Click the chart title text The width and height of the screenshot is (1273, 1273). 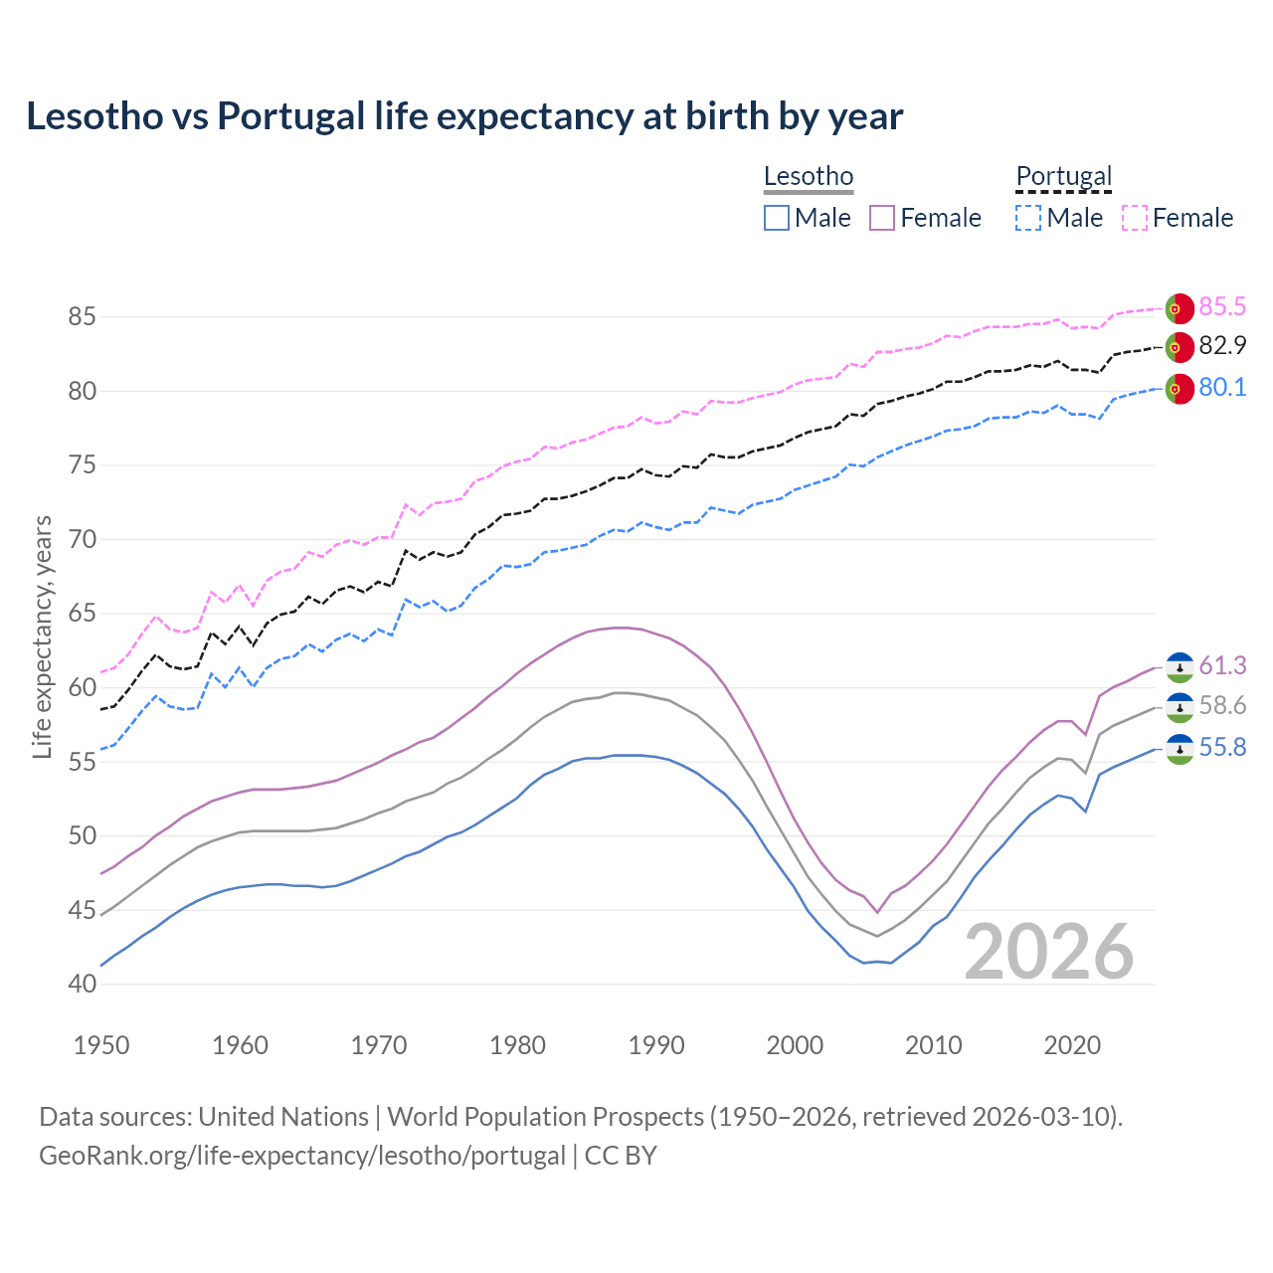click(x=464, y=116)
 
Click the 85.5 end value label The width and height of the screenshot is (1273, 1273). click(x=1222, y=306)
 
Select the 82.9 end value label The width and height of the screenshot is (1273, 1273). click(x=1222, y=346)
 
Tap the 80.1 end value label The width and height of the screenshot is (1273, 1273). click(x=1222, y=388)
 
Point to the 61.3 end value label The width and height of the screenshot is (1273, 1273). click(x=1222, y=665)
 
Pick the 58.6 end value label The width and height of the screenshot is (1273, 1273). click(x=1222, y=706)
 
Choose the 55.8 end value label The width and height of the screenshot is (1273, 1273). click(x=1222, y=748)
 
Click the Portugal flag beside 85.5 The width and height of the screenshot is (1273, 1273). click(x=1180, y=308)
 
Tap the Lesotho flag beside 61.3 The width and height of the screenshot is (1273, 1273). click(x=1180, y=667)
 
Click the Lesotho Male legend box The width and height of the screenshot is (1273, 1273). click(x=777, y=218)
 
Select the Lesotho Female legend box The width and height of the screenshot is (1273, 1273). click(x=882, y=218)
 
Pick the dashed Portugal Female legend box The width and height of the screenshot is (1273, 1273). click(x=1135, y=218)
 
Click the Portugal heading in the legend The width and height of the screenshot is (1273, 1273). click(x=1063, y=176)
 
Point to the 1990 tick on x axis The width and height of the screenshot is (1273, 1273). click(x=656, y=1045)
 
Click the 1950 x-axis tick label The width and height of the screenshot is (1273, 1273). click(x=101, y=1045)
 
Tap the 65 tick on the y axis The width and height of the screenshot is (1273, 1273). click(x=82, y=614)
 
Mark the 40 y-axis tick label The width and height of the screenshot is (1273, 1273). click(x=82, y=985)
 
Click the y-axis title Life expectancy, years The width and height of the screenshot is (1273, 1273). click(x=42, y=636)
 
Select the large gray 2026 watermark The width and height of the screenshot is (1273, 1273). click(x=1049, y=952)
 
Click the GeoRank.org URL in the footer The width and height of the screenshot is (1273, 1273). click(x=301, y=1156)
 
